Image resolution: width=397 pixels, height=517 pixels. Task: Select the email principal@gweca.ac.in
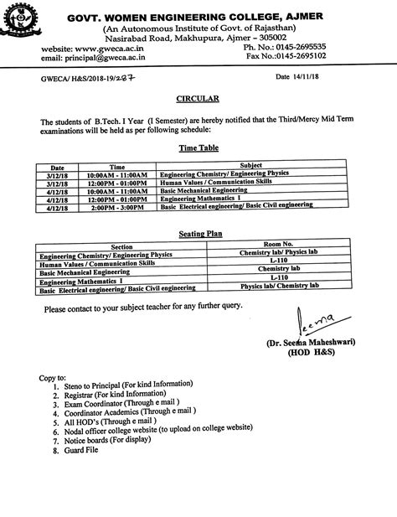(93, 58)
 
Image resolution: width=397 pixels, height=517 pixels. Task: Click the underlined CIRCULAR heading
(200, 98)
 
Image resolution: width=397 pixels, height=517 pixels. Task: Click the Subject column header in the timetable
(251, 166)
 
